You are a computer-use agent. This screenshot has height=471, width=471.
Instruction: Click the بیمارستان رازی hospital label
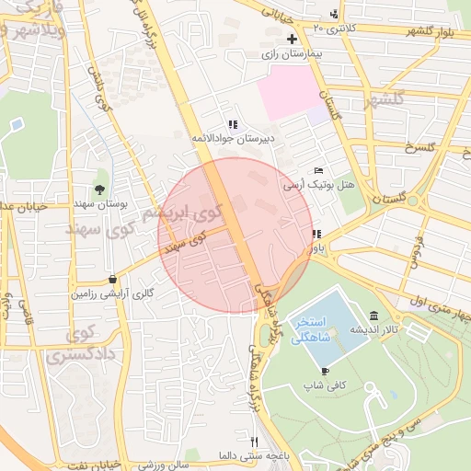293,54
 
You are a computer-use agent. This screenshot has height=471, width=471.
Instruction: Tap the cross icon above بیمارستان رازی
292,39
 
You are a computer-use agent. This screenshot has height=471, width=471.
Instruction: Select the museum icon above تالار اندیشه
373,315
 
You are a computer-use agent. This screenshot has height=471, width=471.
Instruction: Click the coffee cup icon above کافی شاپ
325,371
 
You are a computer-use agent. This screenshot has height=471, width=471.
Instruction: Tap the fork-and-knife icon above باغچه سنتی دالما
255,441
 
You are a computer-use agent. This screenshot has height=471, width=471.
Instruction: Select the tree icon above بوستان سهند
99,189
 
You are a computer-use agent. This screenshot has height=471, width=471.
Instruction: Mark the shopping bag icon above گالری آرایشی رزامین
112,279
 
